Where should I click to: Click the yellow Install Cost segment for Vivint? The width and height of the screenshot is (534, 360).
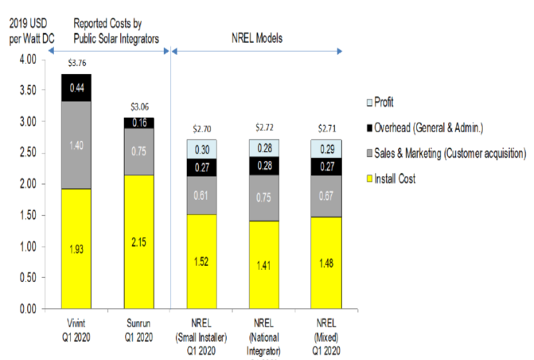pyautogui.click(x=76, y=248)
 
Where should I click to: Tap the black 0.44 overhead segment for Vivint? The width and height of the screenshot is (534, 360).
pyautogui.click(x=76, y=88)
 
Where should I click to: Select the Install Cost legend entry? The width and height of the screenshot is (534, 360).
pyautogui.click(x=400, y=179)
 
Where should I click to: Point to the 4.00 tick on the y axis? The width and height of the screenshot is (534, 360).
pyautogui.click(x=25, y=60)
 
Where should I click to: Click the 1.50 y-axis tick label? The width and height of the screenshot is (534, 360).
pyautogui.click(x=25, y=215)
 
